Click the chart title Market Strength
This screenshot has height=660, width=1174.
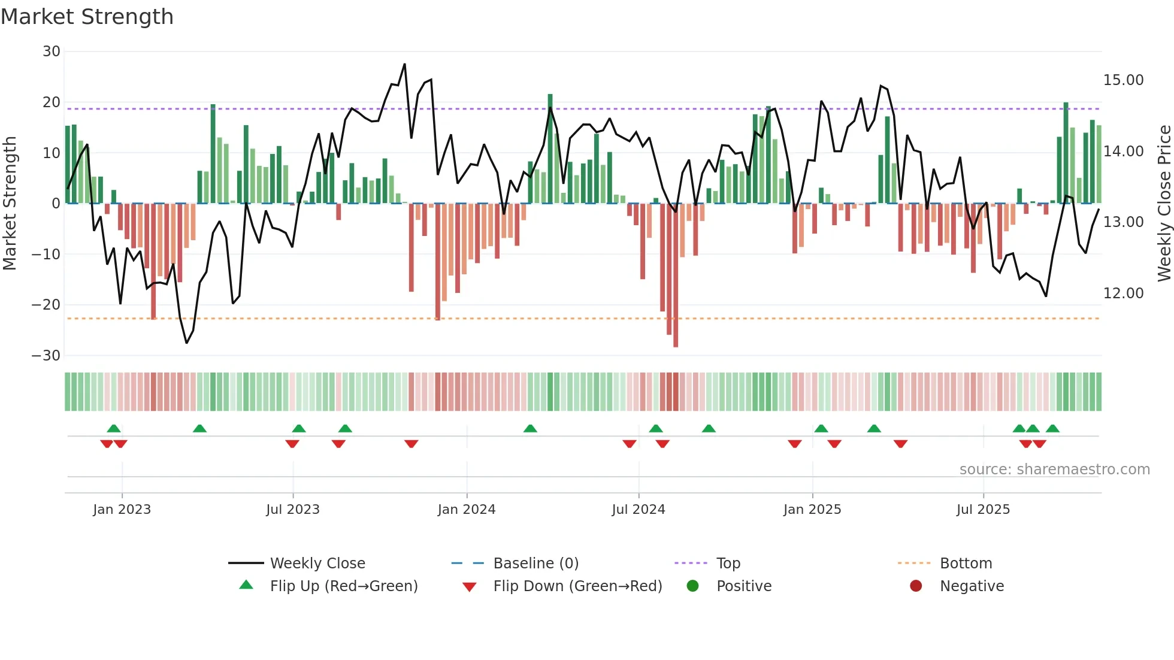[x=87, y=17]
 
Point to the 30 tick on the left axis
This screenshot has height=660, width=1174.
[x=52, y=52]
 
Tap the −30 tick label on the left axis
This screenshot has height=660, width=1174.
[x=46, y=356]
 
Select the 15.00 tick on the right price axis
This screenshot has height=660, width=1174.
[x=1123, y=80]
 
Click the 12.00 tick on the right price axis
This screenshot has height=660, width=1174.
[x=1123, y=293]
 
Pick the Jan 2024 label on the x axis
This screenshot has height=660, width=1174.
[x=467, y=510]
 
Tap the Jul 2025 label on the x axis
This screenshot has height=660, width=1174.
[x=983, y=510]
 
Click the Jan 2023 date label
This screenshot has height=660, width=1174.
[x=122, y=510]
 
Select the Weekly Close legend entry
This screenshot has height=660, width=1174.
[x=317, y=564]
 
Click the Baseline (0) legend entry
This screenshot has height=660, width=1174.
[x=535, y=564]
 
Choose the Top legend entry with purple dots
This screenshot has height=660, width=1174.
[x=728, y=564]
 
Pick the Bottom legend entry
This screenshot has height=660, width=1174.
[x=966, y=564]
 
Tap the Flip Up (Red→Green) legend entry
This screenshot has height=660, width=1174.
[x=343, y=586]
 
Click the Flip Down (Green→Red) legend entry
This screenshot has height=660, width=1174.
[x=577, y=586]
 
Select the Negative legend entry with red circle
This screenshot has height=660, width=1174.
[x=971, y=586]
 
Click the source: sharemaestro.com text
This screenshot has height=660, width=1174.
[x=1054, y=470]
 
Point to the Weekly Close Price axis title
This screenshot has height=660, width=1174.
[x=1164, y=204]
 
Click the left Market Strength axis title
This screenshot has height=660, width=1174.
[x=10, y=204]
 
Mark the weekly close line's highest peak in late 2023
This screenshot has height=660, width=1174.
[x=404, y=65]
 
